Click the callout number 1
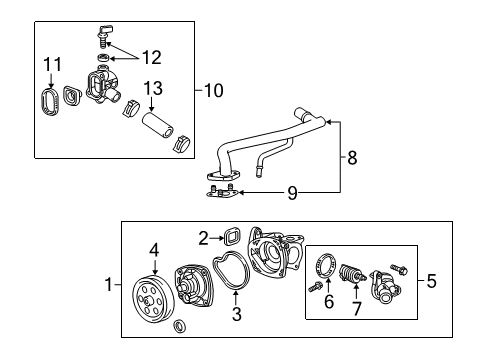point(109,285)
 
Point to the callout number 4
point(155,250)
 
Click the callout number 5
point(431,282)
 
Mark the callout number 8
point(351,156)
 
